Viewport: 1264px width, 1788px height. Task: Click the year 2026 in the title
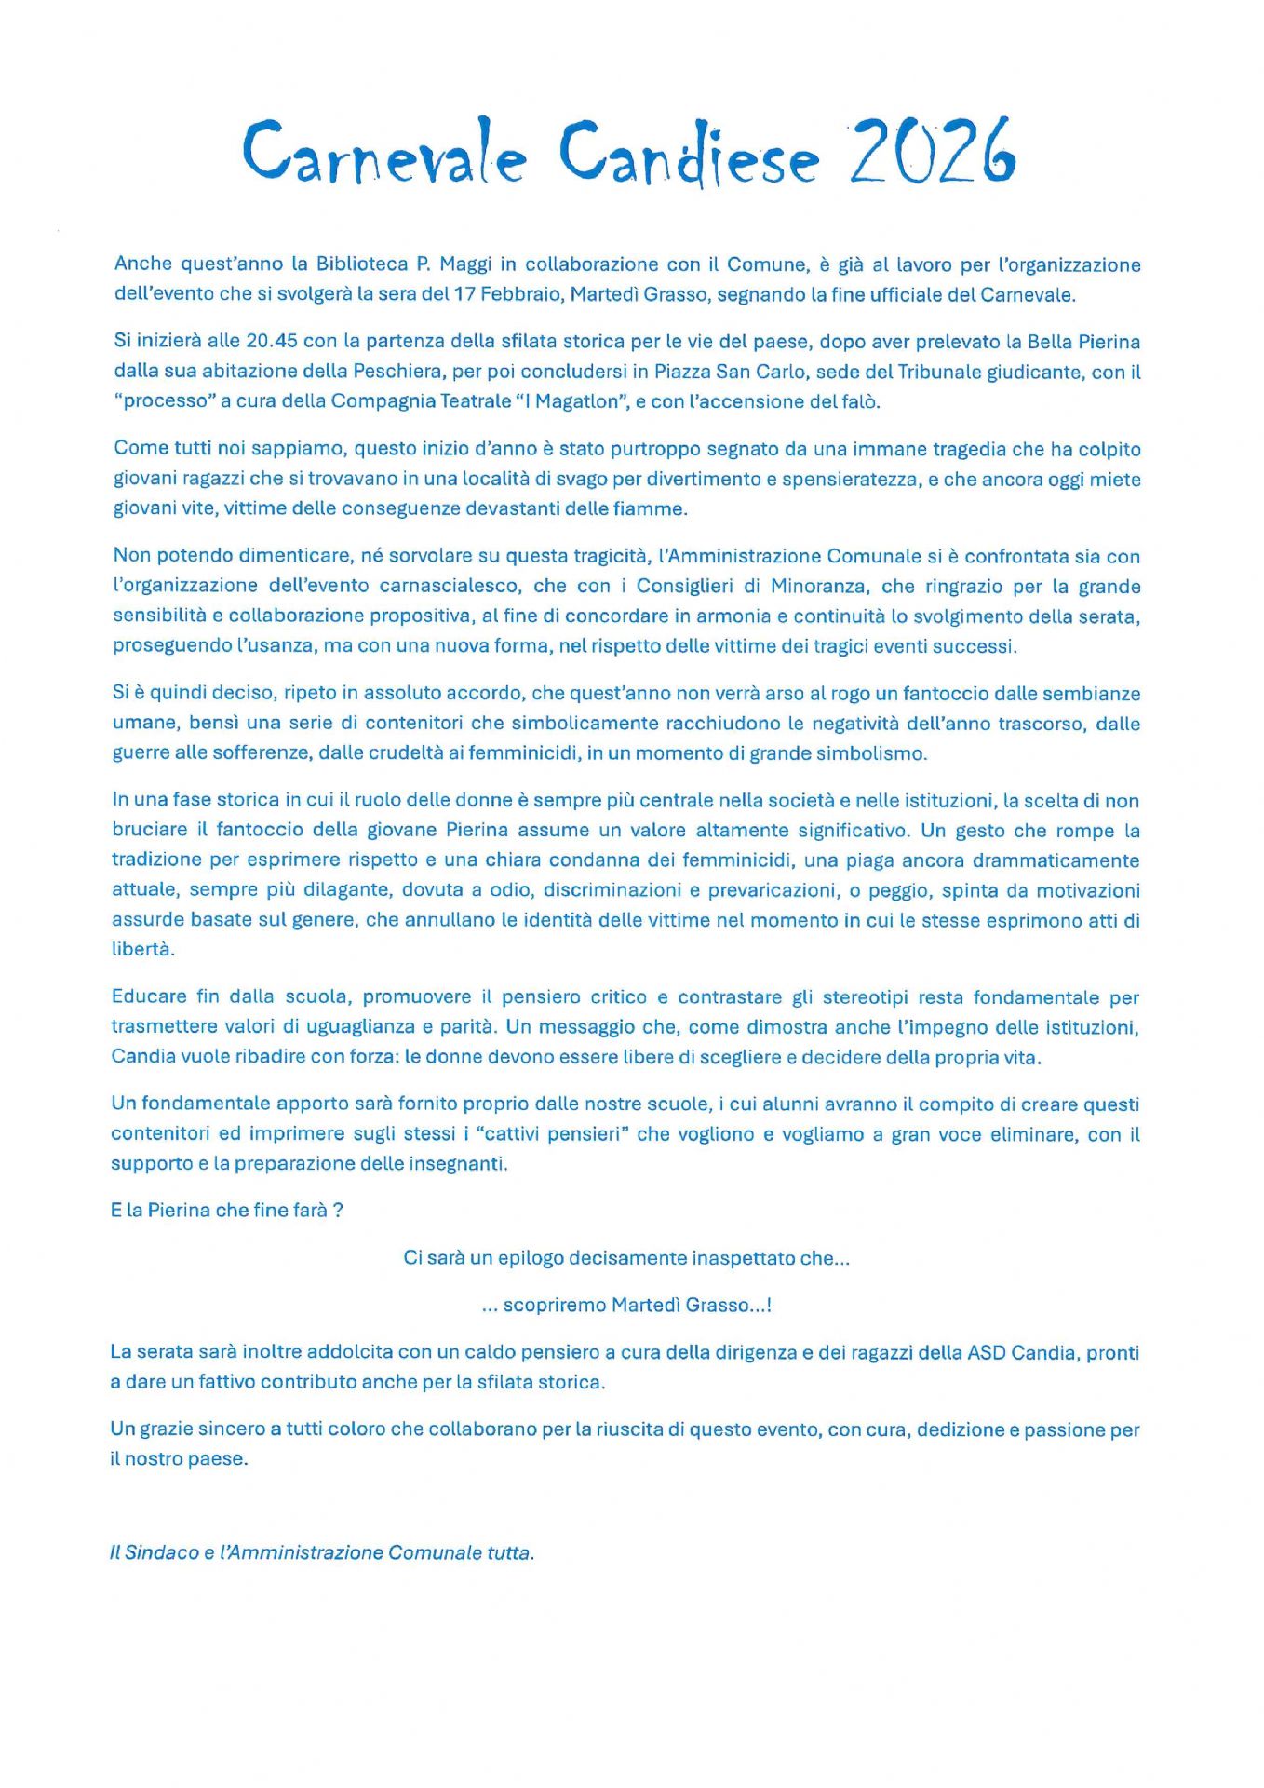pos(932,151)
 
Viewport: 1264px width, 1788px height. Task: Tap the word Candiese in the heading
pos(689,154)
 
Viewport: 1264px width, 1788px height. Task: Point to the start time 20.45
pos(272,341)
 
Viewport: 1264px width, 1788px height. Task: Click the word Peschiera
pos(397,372)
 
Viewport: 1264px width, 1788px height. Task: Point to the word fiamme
pos(656,508)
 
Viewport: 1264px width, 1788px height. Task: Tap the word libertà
pos(143,950)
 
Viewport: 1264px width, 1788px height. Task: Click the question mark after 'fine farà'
pos(339,1211)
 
